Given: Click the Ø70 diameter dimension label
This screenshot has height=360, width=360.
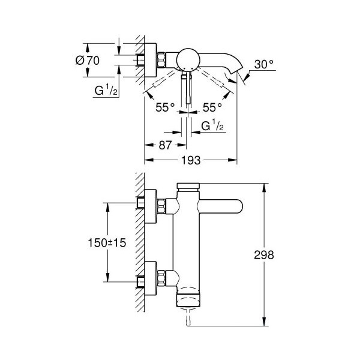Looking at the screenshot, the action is (88, 61).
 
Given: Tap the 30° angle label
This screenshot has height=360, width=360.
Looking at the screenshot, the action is (264, 65).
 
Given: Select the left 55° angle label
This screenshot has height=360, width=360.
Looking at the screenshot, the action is (165, 107).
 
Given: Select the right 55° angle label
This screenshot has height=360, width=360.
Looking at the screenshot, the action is (212, 107).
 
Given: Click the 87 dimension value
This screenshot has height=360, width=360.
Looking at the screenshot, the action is (165, 145).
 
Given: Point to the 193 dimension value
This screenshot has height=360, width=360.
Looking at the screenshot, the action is (191, 160).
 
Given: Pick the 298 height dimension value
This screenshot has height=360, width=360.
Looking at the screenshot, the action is (264, 255).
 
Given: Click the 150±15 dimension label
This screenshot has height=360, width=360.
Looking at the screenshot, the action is (107, 242).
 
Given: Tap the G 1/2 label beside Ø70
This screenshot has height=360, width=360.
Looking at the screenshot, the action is (106, 90).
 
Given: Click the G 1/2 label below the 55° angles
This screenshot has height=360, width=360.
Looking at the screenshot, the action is (212, 125).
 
